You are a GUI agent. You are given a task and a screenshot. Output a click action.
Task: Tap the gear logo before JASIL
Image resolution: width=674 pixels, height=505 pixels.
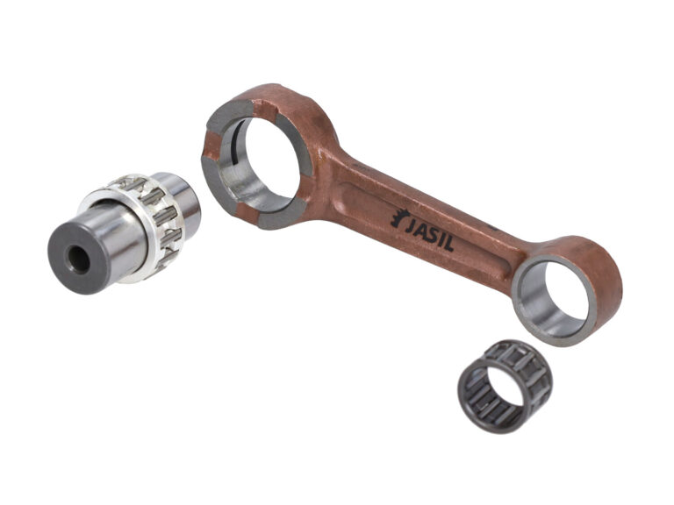tap(398, 217)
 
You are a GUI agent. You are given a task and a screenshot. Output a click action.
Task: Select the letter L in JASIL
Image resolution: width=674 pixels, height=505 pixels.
tap(448, 245)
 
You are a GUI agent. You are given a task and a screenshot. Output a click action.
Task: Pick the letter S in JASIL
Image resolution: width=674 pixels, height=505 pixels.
tap(433, 235)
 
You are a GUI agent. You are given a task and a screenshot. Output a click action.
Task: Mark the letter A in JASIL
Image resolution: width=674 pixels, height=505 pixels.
tap(421, 231)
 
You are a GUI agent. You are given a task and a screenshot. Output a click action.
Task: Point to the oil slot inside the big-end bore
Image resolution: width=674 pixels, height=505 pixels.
tap(235, 142)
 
